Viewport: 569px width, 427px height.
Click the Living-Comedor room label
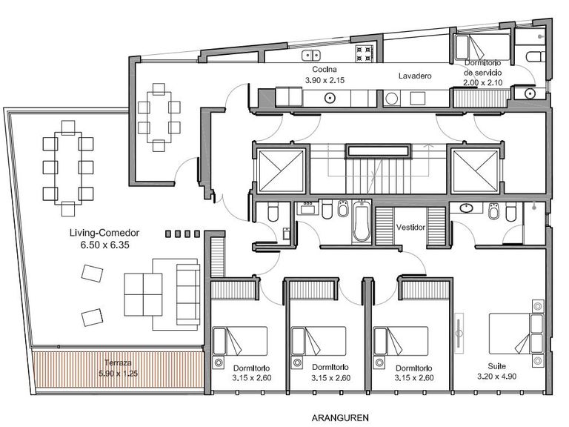[x=104, y=233]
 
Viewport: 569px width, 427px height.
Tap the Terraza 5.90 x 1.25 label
[x=118, y=368]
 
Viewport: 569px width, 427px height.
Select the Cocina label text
[x=325, y=69]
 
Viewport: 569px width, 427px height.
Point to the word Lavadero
[x=415, y=76]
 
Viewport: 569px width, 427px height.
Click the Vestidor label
[x=410, y=228]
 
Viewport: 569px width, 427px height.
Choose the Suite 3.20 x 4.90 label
[x=497, y=371]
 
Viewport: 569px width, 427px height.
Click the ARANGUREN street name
[x=340, y=418]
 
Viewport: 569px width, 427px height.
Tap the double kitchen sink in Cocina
[x=311, y=56]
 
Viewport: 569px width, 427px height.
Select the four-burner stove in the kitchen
[x=365, y=53]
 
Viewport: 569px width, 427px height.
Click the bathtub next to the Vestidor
[x=362, y=222]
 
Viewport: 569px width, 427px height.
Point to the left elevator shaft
[x=281, y=171]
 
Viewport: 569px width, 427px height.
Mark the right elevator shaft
[x=475, y=171]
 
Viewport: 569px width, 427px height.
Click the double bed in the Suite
[x=516, y=334]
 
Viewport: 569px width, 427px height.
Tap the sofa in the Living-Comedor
[x=188, y=294]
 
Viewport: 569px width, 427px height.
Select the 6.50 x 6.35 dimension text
[x=105, y=245]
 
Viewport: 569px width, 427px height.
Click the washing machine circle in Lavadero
[x=391, y=99]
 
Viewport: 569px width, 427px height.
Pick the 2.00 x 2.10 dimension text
[x=482, y=82]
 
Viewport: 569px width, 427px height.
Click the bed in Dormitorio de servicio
[x=482, y=47]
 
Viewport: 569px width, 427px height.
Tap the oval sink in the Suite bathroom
[x=466, y=208]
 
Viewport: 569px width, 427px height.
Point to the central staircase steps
[x=378, y=176]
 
